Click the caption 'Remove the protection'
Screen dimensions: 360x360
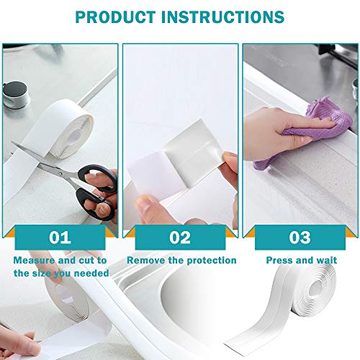point(181,260)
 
